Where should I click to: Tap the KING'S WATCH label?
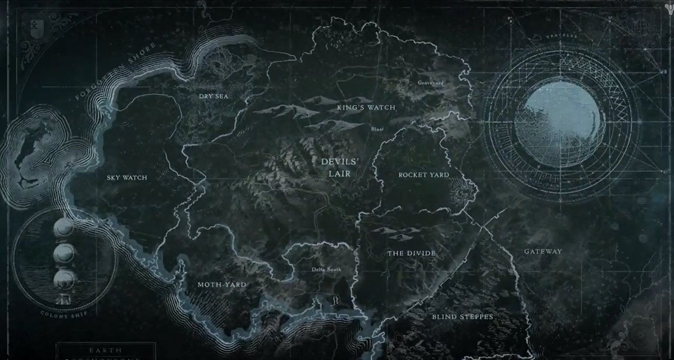pyautogui.click(x=366, y=107)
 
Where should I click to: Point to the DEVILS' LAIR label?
pyautogui.click(x=336, y=167)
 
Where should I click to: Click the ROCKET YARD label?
pyautogui.click(x=423, y=175)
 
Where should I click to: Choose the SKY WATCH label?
pyautogui.click(x=126, y=178)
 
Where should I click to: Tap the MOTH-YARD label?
pyautogui.click(x=222, y=285)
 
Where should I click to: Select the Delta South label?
pyautogui.click(x=326, y=269)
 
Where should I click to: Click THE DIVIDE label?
pyautogui.click(x=411, y=254)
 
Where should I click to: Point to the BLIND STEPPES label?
pyautogui.click(x=462, y=317)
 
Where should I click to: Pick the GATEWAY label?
pyautogui.click(x=542, y=252)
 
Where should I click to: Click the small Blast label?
pyautogui.click(x=377, y=129)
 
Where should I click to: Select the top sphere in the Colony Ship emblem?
pyautogui.click(x=64, y=227)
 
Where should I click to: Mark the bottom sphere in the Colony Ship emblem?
pyautogui.click(x=64, y=278)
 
